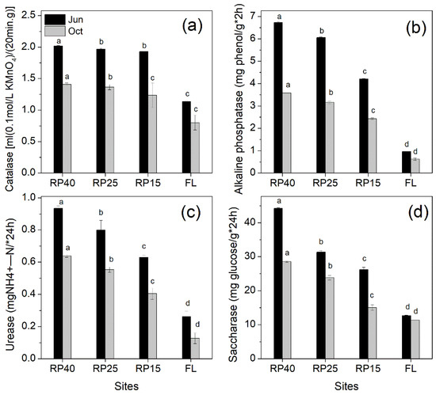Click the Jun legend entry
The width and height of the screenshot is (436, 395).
[x=63, y=16]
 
